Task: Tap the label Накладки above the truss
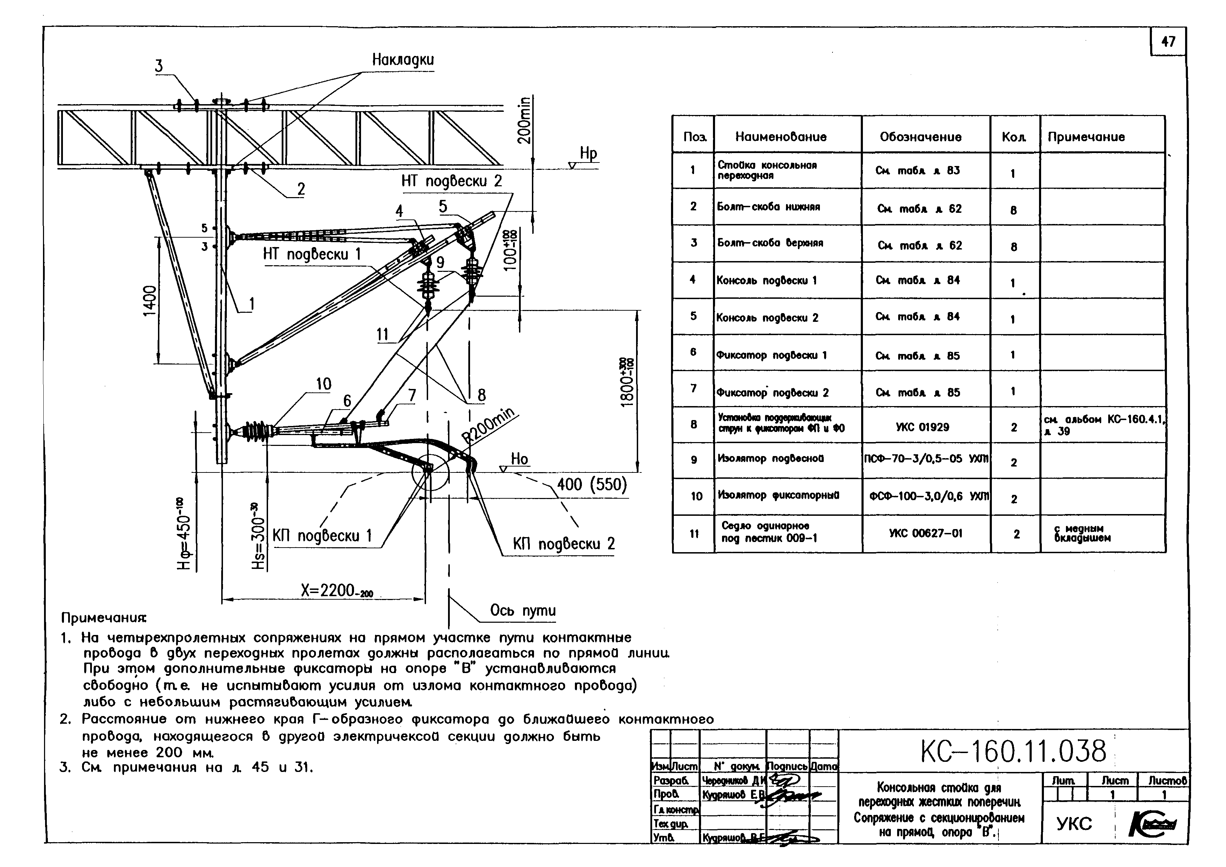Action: coord(403,60)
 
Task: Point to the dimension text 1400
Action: coord(150,301)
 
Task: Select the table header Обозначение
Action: coord(920,137)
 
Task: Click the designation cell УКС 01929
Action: coord(922,427)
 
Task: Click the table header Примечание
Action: coord(1086,137)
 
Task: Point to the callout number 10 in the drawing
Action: coord(324,384)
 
